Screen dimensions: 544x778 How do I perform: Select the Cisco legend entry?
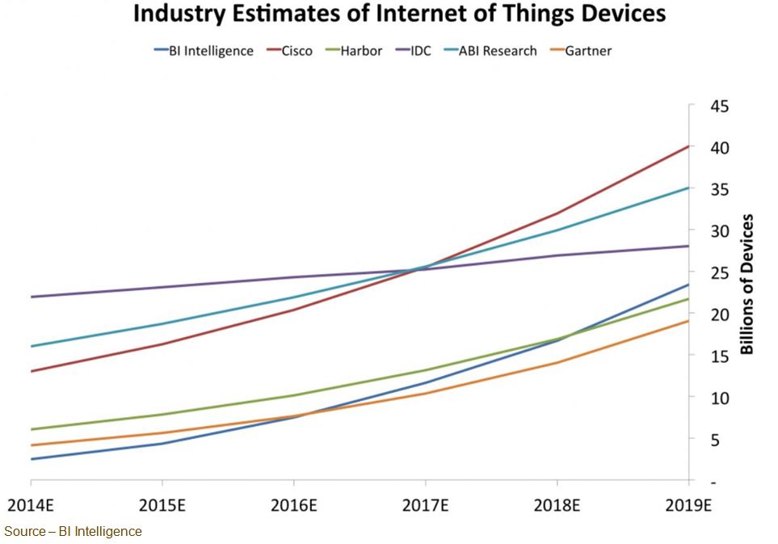pos(296,51)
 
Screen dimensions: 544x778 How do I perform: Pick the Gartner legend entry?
pos(588,51)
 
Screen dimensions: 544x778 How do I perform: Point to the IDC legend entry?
pos(421,51)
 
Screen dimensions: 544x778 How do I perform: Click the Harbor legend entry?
pos(360,51)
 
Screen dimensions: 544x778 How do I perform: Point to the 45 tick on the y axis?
pos(719,106)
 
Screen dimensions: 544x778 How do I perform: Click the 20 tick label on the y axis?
pos(719,314)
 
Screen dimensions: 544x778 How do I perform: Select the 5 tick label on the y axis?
pos(714,440)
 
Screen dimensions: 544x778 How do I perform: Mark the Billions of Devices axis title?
pos(747,284)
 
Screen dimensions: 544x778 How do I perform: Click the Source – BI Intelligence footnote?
pos(73,531)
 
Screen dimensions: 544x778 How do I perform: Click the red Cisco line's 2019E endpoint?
pos(688,146)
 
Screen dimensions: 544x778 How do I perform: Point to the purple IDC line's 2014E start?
pos(31,297)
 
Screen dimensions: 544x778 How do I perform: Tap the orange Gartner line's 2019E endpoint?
pos(688,321)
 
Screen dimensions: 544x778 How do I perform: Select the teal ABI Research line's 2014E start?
pos(31,346)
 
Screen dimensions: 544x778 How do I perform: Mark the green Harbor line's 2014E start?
pos(31,429)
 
